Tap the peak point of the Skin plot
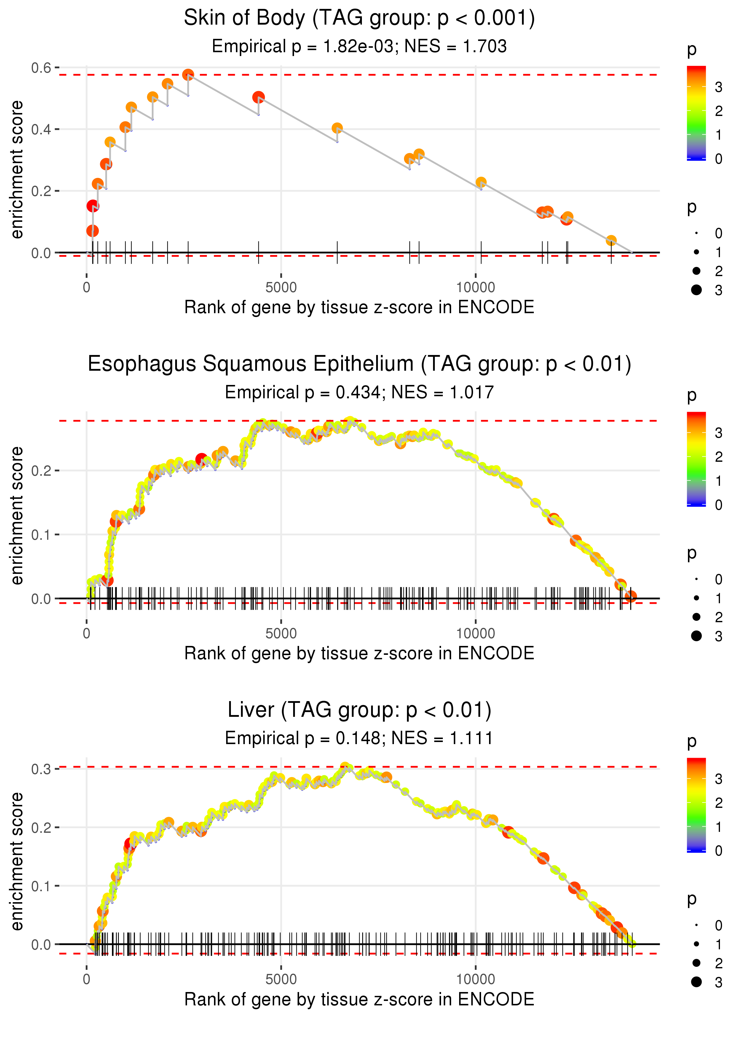click(x=188, y=75)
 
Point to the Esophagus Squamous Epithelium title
click(x=359, y=364)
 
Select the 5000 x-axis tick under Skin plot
click(x=281, y=288)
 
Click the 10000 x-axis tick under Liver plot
click(x=475, y=980)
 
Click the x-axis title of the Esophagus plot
click(x=359, y=653)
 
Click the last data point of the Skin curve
click(x=611, y=241)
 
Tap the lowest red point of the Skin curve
click(x=92, y=231)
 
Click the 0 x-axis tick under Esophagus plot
click(x=87, y=633)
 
